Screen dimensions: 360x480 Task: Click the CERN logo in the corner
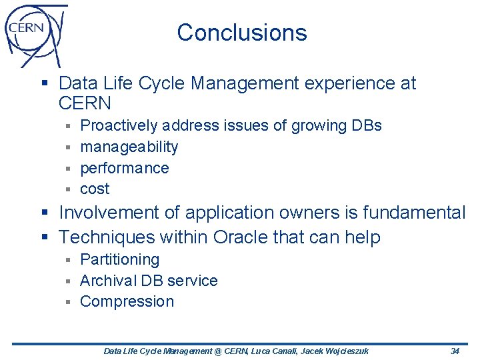[x=35, y=35]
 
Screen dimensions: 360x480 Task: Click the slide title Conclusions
[x=242, y=33]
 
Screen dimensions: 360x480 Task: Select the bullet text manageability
[x=129, y=147]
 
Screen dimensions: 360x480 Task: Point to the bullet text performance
[x=125, y=168]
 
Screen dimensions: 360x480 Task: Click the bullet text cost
[x=95, y=189]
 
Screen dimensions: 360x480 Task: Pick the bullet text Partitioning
[x=120, y=259]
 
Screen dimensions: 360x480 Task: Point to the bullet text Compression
[x=127, y=301]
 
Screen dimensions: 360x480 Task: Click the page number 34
[x=455, y=351]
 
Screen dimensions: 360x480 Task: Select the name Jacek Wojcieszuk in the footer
[x=335, y=351]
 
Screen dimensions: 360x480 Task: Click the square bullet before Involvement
[x=45, y=213]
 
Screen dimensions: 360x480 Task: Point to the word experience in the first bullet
[x=347, y=83]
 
